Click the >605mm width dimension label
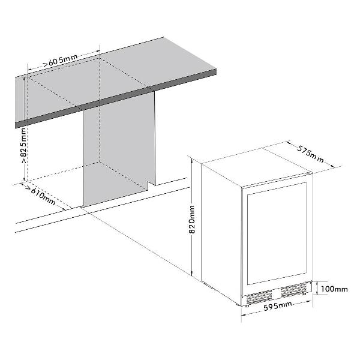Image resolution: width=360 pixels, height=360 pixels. coord(61,61)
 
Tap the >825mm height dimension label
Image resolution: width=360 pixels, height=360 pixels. coord(23,146)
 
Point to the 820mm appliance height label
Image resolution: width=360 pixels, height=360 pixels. coord(192,220)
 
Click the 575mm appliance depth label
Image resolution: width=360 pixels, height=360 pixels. coord(311,154)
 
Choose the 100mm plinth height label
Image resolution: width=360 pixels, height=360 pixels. coord(334,289)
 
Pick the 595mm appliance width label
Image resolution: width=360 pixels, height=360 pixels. coord(278,306)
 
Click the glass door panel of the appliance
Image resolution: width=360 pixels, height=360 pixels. coord(277,233)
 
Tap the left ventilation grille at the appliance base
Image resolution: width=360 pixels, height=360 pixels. coord(259,298)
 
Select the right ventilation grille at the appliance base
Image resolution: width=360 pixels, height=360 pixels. coord(293,290)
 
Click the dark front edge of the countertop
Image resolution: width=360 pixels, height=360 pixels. coord(116,99)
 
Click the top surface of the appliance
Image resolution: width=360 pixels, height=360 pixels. coord(257,167)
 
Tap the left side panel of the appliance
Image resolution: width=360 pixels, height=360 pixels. coord(221,234)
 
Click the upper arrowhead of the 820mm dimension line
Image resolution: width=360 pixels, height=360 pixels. coord(191,160)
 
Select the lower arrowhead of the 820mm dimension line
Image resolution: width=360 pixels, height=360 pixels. coord(191,273)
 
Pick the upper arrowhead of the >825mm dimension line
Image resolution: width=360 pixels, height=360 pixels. coord(24,79)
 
